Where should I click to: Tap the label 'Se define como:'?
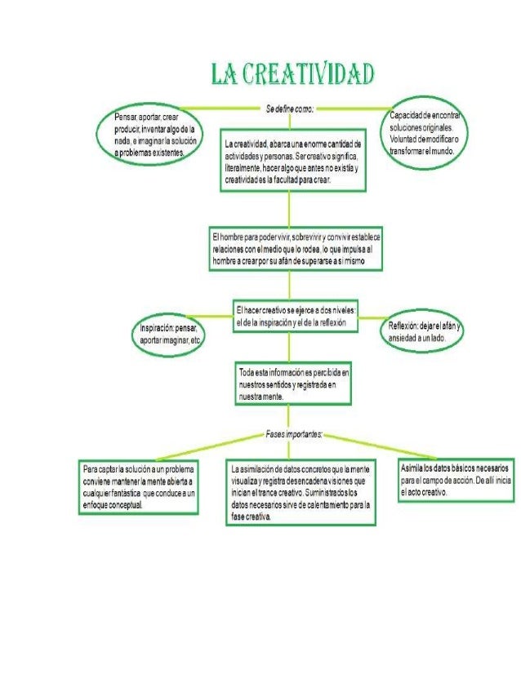[x=290, y=107]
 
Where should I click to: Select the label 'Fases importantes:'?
[x=294, y=433]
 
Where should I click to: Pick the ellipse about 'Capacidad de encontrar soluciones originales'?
[x=427, y=135]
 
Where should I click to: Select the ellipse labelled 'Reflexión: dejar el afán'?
[x=425, y=332]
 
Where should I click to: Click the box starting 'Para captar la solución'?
[x=139, y=488]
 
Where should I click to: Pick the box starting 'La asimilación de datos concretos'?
[x=301, y=494]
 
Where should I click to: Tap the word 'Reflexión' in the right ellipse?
[x=404, y=326]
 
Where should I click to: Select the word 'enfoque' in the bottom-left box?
[x=96, y=505]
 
